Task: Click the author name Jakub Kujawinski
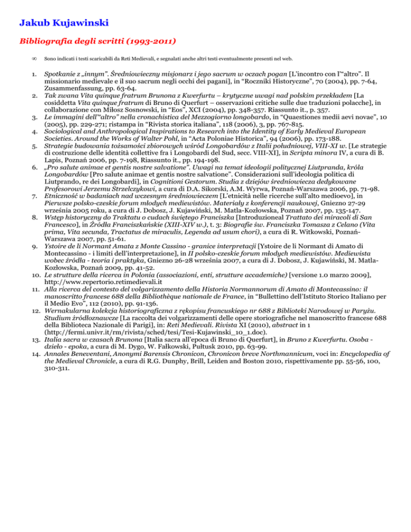click(62, 23)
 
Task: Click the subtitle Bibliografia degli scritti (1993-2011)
click(98, 40)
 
